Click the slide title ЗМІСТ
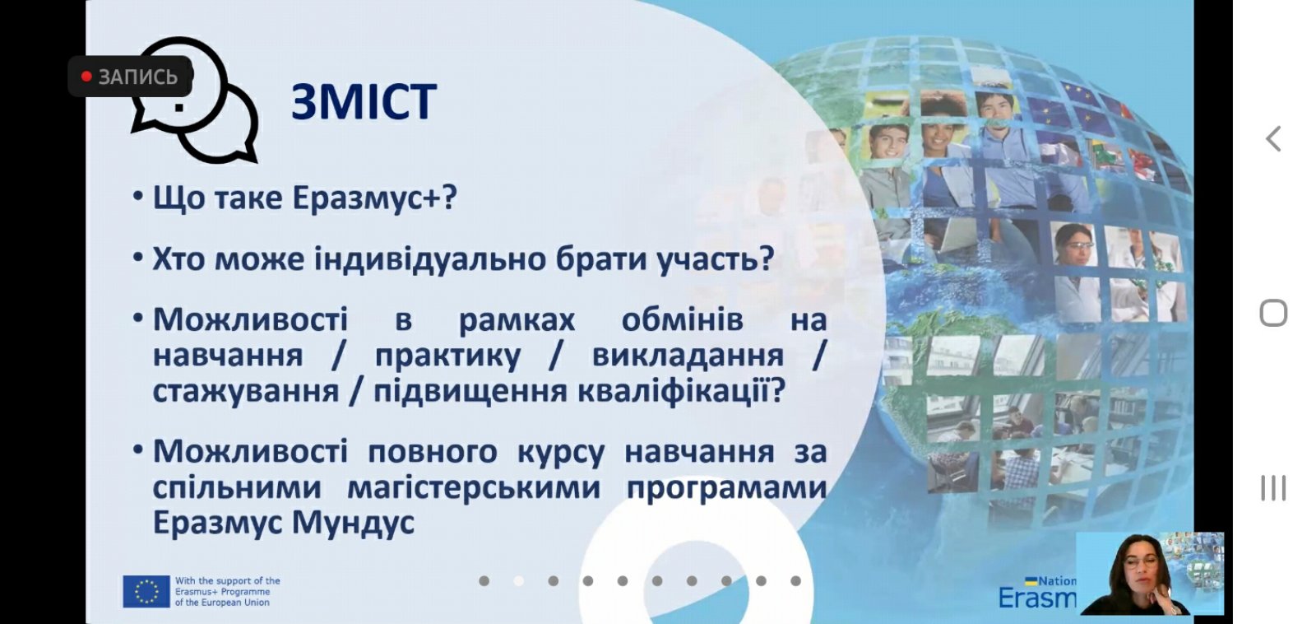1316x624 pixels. (x=364, y=102)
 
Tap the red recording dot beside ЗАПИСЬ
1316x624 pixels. (x=86, y=77)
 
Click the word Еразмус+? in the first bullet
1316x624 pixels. (x=374, y=198)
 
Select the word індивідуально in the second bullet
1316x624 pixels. (x=430, y=258)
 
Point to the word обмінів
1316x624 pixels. (x=682, y=320)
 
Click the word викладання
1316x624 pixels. (x=688, y=356)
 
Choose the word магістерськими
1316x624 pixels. (x=474, y=487)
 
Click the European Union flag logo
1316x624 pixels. (x=146, y=591)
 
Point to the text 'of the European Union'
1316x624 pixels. (x=222, y=603)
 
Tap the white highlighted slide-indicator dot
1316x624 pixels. (x=519, y=581)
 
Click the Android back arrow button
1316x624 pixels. (x=1272, y=139)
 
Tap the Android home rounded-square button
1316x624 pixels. (x=1273, y=313)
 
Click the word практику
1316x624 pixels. (x=447, y=356)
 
